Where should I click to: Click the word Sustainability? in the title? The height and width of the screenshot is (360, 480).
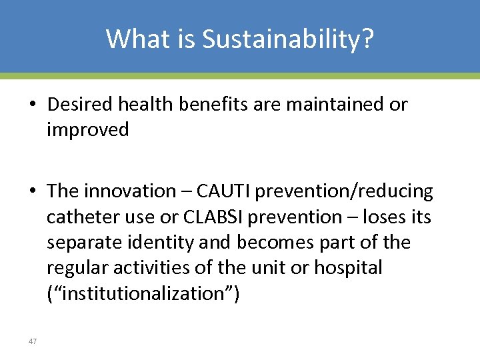coord(288,39)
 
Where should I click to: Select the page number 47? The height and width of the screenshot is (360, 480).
coord(33,341)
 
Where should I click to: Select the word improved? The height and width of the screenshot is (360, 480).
coord(87,130)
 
